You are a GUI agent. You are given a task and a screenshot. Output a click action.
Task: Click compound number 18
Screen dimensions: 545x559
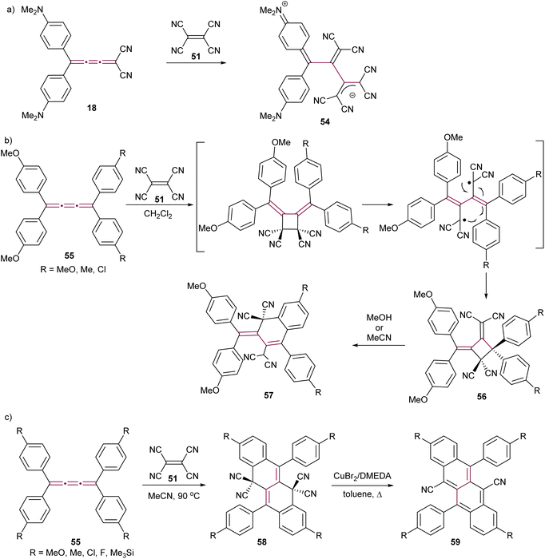click(92, 107)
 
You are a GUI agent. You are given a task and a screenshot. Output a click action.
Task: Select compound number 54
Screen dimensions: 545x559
click(324, 122)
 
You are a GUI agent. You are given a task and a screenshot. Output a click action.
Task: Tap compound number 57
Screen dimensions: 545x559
click(269, 395)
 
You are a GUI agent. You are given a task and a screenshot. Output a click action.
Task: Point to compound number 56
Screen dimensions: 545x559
click(482, 396)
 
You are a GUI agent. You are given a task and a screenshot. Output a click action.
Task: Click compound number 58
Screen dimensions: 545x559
click(261, 542)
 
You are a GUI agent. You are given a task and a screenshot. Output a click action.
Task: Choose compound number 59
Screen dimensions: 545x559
click(455, 542)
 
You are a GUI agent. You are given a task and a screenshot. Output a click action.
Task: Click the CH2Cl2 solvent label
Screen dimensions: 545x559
click(158, 214)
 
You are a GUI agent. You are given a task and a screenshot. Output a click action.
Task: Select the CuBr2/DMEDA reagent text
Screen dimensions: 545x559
click(362, 476)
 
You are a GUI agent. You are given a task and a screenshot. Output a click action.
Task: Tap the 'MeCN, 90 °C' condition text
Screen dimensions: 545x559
click(173, 495)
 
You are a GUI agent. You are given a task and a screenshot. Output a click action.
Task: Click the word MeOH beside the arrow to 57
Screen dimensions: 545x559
click(379, 318)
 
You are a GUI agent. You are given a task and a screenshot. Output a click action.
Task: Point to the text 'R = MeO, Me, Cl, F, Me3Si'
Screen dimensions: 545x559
click(82, 553)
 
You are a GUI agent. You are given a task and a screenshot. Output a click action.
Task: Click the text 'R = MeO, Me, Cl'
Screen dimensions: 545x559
click(73, 270)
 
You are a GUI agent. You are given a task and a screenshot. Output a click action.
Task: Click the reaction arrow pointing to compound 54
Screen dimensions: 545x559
click(196, 63)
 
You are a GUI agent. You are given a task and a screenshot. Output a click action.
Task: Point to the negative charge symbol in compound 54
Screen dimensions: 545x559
click(352, 96)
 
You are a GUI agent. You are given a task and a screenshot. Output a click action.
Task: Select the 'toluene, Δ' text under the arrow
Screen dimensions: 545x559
click(362, 494)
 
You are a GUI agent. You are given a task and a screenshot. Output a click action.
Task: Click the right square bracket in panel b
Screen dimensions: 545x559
click(542, 195)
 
